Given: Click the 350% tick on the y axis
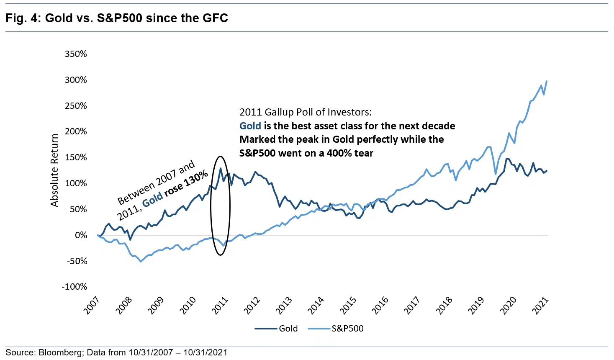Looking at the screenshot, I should click(76, 54).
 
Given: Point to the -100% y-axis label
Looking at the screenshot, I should click(75, 287).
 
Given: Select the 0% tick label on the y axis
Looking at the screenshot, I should click(81, 235).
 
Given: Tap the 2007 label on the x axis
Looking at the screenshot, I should click(92, 305).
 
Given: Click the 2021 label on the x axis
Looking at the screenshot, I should click(540, 305).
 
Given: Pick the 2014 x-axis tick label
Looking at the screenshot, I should click(316, 305).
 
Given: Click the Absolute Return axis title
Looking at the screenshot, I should click(54, 170).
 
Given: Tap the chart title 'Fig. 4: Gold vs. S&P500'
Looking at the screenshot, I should click(117, 18).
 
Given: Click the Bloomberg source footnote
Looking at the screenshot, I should click(116, 352).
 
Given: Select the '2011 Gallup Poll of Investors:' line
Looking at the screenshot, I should click(305, 112).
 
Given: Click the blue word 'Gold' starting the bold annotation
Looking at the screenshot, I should click(250, 126).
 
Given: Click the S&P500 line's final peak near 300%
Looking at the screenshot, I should click(547, 81).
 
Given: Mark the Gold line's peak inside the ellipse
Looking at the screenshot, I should click(221, 168).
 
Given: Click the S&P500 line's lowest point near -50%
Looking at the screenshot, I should click(141, 261).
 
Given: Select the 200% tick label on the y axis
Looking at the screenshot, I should click(76, 131).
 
